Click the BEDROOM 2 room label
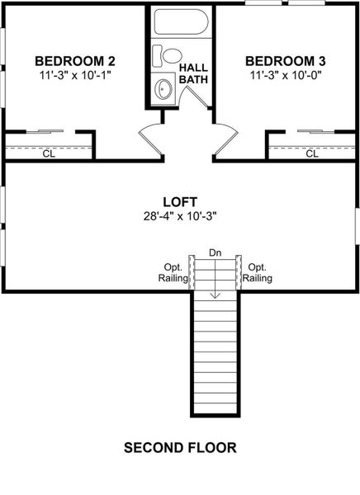pyautogui.click(x=74, y=61)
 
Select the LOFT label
pyautogui.click(x=179, y=201)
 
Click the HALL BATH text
pyautogui.click(x=196, y=73)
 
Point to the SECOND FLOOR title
pyautogui.click(x=180, y=448)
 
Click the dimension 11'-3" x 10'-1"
pyautogui.click(x=74, y=76)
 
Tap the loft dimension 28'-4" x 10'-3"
pyautogui.click(x=179, y=217)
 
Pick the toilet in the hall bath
pyautogui.click(x=171, y=56)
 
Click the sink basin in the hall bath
pyautogui.click(x=164, y=88)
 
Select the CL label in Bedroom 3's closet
pyautogui.click(x=312, y=153)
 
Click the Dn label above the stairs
pyautogui.click(x=215, y=252)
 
